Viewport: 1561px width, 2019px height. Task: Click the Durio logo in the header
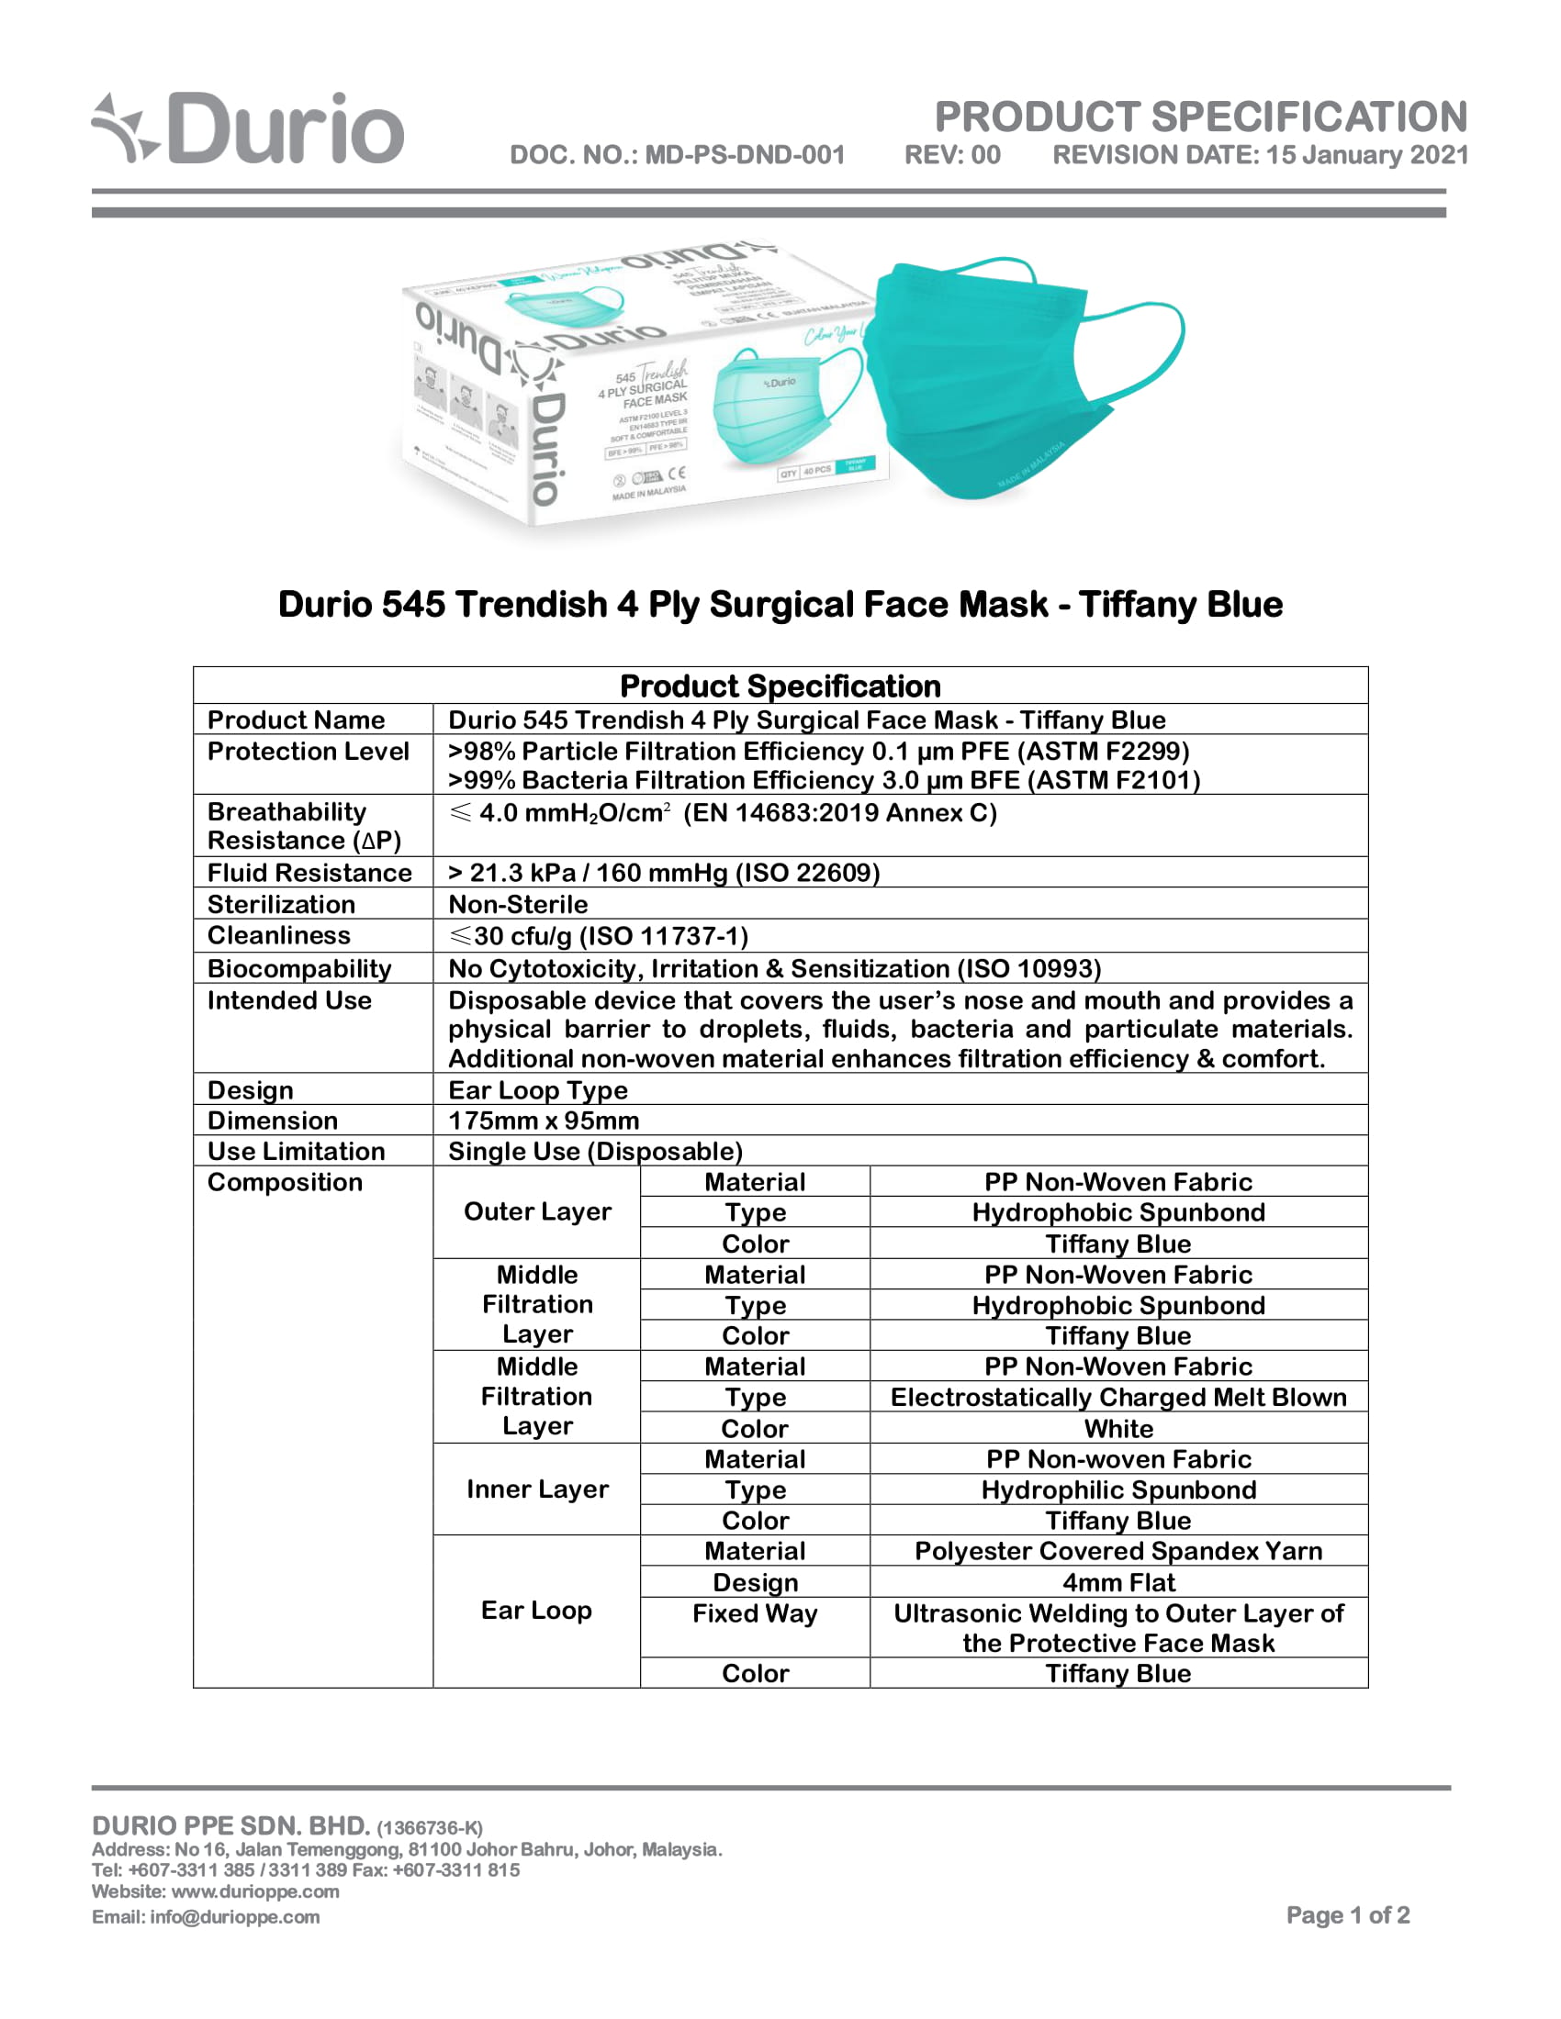pos(248,129)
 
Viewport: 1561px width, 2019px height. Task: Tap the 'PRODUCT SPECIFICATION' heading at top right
pos(1200,117)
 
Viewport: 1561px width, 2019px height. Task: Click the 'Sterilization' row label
pos(281,904)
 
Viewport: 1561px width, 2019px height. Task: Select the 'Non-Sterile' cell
pos(518,904)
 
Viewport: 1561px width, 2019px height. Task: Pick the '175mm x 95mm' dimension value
pos(544,1121)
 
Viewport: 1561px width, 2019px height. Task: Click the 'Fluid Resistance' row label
pos(309,873)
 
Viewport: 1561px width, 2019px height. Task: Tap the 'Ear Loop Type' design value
pos(537,1090)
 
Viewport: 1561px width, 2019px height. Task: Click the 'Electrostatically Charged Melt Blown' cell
pos(1118,1397)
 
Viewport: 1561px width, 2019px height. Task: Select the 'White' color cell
pos(1118,1428)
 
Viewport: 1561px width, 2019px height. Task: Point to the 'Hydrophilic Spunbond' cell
pos(1118,1489)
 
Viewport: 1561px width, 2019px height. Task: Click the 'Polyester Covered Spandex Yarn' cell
pos(1118,1551)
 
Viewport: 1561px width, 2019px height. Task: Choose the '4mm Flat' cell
pos(1118,1583)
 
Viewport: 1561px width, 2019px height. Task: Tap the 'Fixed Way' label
pos(755,1613)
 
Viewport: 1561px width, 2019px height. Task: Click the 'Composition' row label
pos(285,1182)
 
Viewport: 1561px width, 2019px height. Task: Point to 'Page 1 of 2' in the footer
pos(1347,1914)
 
